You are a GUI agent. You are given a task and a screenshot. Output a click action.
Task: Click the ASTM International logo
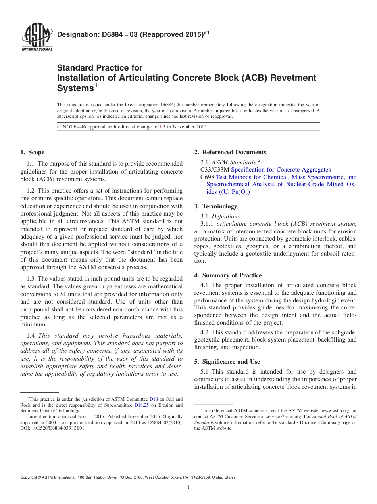[x=37, y=37]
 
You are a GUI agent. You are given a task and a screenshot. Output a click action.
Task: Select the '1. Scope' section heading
[x=32, y=152]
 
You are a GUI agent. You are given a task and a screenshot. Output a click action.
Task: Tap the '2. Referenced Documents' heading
[x=230, y=152]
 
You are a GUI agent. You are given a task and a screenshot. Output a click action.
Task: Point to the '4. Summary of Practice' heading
[x=228, y=275]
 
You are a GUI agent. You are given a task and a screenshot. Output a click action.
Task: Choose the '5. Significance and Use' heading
[x=227, y=362]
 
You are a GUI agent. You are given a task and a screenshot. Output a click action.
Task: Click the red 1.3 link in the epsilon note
[x=162, y=127]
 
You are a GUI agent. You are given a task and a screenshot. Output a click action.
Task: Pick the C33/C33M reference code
[x=215, y=170]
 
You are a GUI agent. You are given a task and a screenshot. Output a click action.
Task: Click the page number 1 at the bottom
[x=188, y=487]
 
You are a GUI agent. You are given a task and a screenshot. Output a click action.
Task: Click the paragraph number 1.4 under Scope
[x=31, y=336]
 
